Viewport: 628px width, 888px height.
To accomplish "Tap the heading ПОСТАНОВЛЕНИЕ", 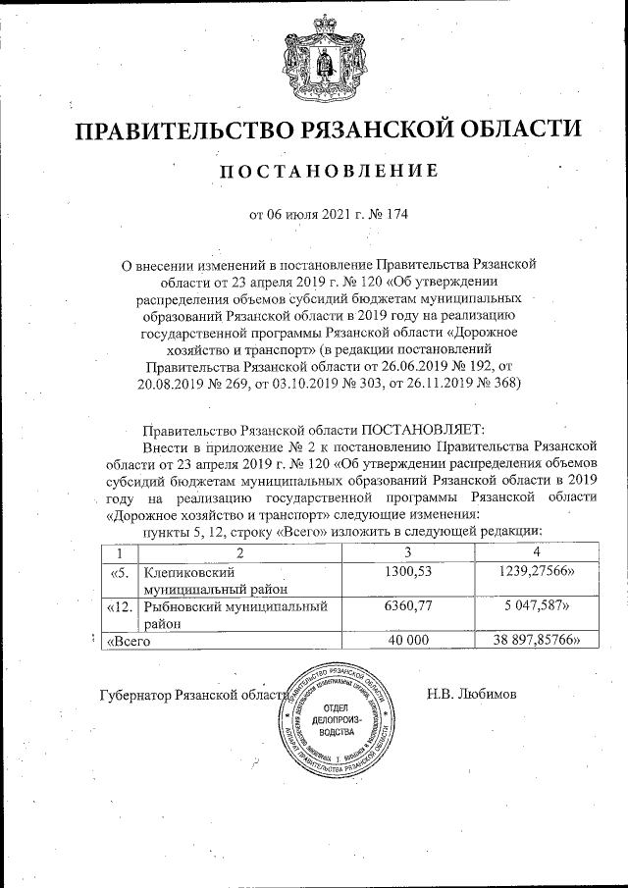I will point(327,173).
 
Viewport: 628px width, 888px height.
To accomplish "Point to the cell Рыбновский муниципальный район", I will point(234,614).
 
